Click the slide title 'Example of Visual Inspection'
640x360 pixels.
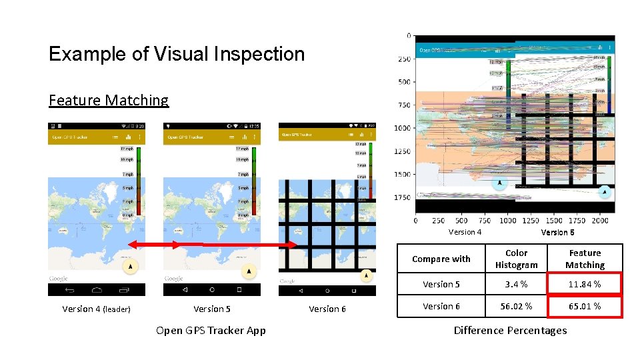tap(177, 54)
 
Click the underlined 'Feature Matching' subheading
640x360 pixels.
tap(109, 100)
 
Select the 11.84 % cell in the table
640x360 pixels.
tap(585, 284)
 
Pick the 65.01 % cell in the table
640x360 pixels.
tap(585, 306)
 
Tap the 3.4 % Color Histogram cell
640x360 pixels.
tap(516, 284)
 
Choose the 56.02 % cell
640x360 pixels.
tap(516, 306)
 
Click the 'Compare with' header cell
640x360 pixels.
tap(441, 259)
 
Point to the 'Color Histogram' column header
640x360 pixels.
tap(516, 259)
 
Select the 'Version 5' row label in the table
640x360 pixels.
tap(441, 284)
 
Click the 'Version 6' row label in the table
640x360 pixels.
tap(441, 306)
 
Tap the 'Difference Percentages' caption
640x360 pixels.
tap(510, 330)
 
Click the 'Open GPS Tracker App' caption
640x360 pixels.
tap(211, 330)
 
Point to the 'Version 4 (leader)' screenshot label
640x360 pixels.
tap(96, 309)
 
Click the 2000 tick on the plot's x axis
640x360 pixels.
tap(599, 221)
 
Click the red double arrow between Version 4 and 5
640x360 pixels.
tap(155, 245)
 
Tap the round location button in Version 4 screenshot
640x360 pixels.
tap(130, 266)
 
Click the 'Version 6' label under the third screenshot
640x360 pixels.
tap(327, 309)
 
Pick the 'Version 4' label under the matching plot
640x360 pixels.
tap(465, 232)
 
